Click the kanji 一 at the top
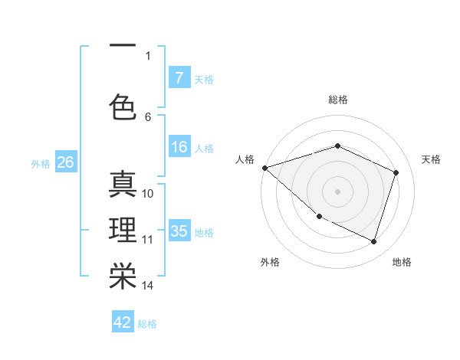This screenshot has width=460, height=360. [x=123, y=45]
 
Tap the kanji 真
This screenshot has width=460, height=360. [x=123, y=185]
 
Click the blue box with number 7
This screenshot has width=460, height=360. [x=179, y=77]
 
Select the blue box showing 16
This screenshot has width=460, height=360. [x=179, y=147]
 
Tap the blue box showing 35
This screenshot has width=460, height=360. [x=179, y=231]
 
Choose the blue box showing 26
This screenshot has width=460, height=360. [x=65, y=162]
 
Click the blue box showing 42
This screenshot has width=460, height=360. [x=123, y=322]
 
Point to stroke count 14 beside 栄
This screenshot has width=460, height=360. [x=148, y=286]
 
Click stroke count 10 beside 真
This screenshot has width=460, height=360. [x=148, y=193]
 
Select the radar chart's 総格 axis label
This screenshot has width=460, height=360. [x=337, y=100]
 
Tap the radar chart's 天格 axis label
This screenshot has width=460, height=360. [x=431, y=159]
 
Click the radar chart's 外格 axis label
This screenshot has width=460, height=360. [x=269, y=262]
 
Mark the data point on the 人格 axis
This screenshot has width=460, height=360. [x=264, y=167]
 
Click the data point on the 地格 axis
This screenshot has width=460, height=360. [x=373, y=241]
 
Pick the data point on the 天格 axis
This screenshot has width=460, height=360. [x=396, y=172]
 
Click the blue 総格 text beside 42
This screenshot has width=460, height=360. [x=147, y=324]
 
